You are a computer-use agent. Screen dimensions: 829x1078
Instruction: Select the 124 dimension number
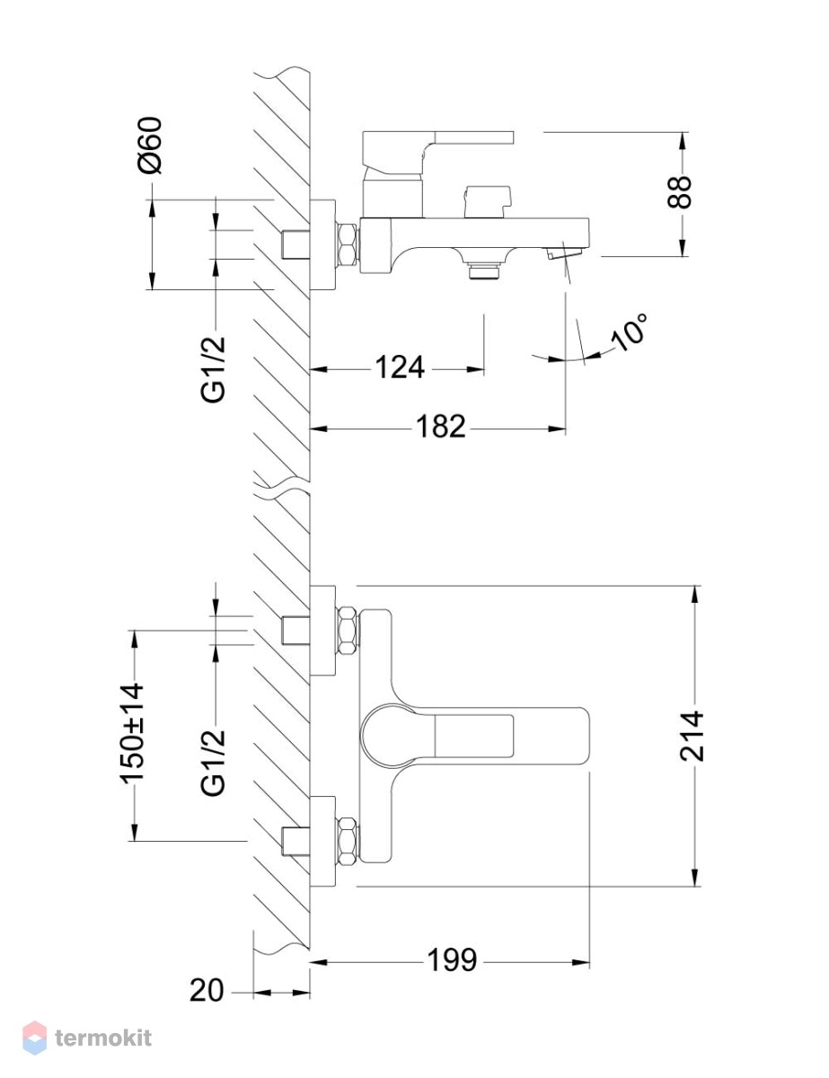point(400,367)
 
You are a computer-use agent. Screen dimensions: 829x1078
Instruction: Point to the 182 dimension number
point(441,427)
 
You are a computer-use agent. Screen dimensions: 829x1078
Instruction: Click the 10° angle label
point(629,333)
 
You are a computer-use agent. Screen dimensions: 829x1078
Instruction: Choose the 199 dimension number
point(452,960)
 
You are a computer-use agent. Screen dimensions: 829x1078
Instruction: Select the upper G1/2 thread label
point(213,369)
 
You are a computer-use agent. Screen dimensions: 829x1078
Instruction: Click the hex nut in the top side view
point(347,243)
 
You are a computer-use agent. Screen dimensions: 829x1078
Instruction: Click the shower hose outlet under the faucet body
point(483,272)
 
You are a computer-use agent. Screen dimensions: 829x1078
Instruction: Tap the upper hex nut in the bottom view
point(347,630)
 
